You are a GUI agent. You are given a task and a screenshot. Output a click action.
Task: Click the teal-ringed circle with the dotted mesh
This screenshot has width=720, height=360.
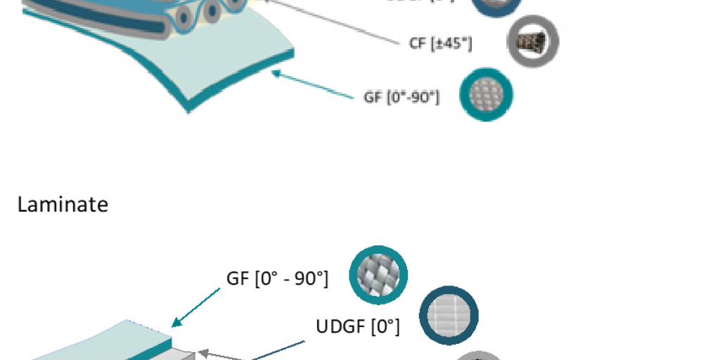pyautogui.click(x=486, y=94)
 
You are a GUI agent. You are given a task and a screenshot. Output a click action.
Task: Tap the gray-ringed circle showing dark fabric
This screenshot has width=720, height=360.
pyautogui.click(x=533, y=41)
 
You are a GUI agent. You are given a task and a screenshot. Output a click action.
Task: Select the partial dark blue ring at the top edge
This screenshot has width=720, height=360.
pyautogui.click(x=496, y=7)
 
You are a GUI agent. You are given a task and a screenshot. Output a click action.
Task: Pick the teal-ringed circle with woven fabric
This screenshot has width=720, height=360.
pyautogui.click(x=378, y=274)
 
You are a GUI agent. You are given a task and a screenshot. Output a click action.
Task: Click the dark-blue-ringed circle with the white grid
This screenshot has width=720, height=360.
pyautogui.click(x=449, y=314)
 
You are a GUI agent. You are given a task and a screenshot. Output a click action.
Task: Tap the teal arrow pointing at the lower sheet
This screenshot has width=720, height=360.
pyautogui.click(x=197, y=307)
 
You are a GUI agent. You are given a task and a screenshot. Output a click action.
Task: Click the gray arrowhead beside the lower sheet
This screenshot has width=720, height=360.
pyautogui.click(x=200, y=353)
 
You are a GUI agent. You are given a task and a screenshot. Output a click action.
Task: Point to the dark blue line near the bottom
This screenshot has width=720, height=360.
pyautogui.click(x=281, y=349)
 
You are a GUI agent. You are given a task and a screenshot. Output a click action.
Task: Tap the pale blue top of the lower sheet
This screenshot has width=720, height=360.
pyautogui.click(x=105, y=341)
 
